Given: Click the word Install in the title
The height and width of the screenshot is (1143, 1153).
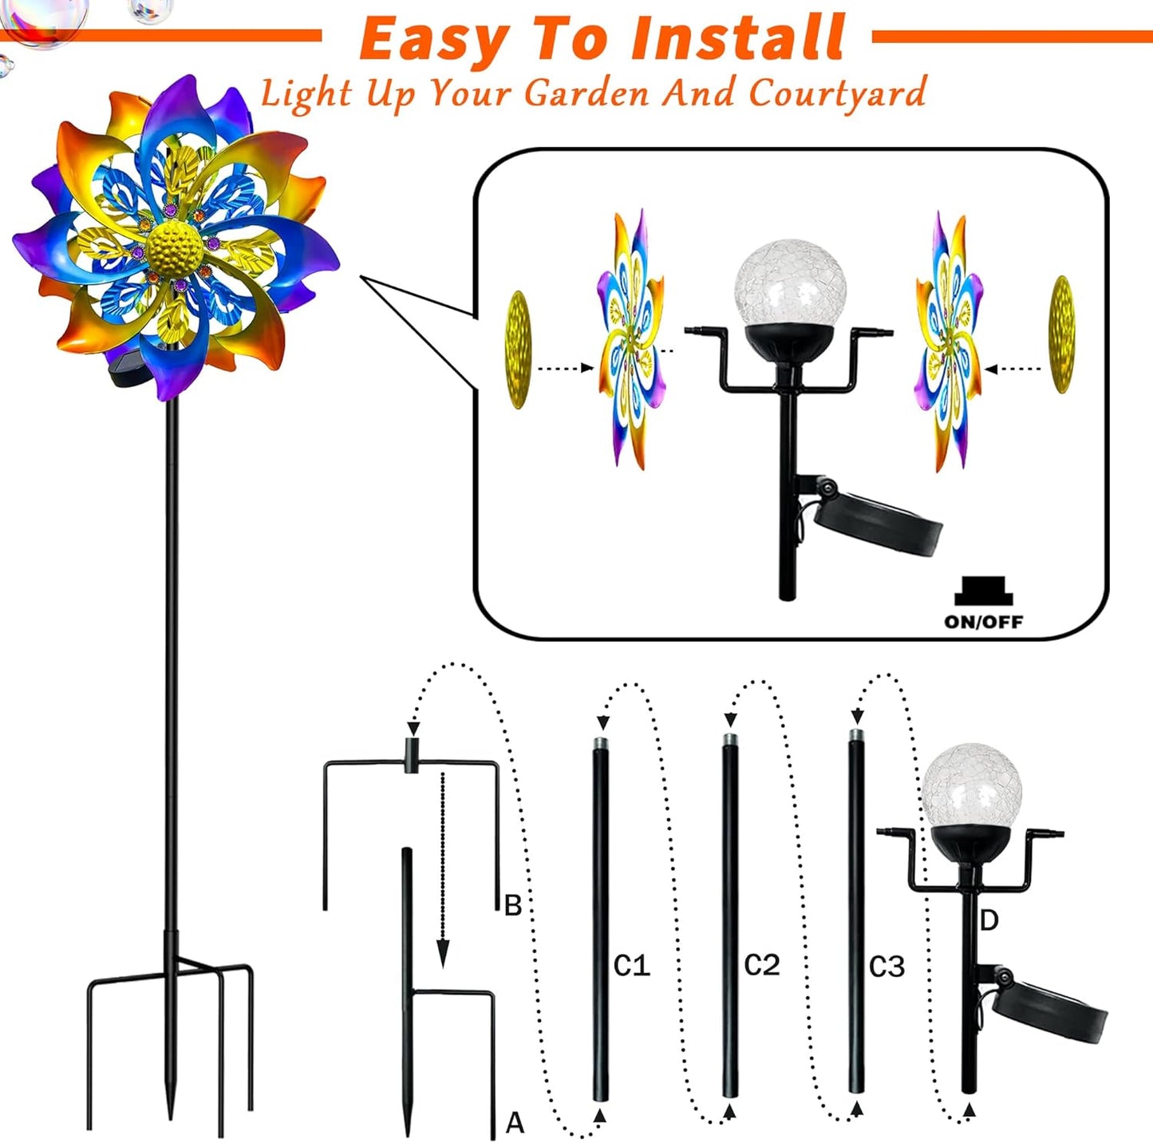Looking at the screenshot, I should click(738, 38).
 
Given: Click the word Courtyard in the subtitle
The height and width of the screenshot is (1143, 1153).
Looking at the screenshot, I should click(837, 93).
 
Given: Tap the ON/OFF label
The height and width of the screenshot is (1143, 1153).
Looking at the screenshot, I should click(983, 622).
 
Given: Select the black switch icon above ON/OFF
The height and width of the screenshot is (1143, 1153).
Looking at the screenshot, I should click(983, 591).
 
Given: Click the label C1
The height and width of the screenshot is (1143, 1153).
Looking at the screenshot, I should click(631, 966).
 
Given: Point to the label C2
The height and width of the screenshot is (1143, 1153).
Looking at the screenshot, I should click(761, 965).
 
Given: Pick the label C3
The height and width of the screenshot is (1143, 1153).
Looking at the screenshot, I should click(886, 967).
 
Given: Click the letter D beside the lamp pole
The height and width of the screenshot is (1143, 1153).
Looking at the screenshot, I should click(989, 921).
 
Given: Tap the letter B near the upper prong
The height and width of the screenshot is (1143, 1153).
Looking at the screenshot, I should click(513, 905).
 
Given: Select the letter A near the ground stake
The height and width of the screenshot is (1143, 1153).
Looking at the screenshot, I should click(515, 1123).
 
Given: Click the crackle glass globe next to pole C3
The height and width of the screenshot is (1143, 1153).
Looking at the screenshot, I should click(971, 785).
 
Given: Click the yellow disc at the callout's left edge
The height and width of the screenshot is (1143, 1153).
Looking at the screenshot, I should click(518, 350).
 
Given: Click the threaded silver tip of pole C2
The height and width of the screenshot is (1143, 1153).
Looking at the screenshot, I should click(729, 740).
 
